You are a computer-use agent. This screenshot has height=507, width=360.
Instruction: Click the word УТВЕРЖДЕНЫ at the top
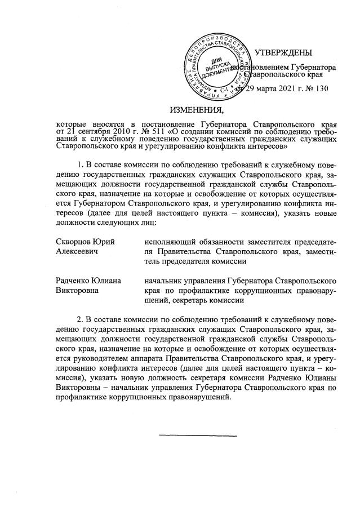[283, 53]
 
